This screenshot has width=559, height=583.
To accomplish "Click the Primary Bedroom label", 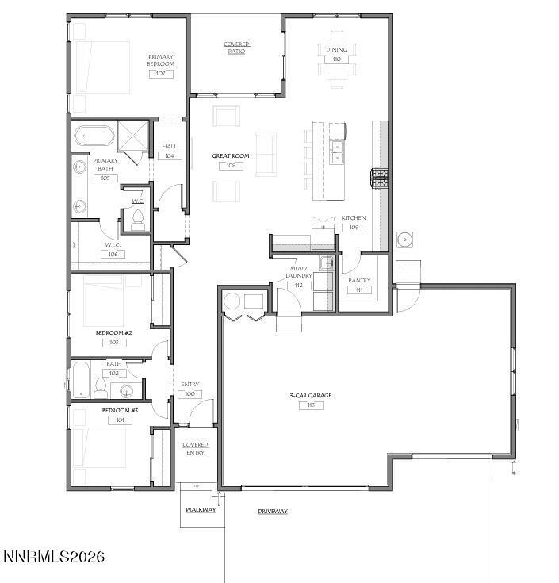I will coord(160,60).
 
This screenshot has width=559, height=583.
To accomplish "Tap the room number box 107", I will coord(160,74).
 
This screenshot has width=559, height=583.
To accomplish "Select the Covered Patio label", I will coord(236,48).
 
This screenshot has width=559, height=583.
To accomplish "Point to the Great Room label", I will coord(231,155).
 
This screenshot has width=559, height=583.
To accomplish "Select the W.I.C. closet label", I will coord(112,245).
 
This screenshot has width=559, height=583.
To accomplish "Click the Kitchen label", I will coord(354,217).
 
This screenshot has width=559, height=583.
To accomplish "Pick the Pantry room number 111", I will coord(359,290).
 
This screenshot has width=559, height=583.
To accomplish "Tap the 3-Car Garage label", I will coord(309,395).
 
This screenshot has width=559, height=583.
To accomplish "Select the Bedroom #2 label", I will coord(113,332).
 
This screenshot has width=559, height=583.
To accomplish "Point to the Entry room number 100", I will coord(190,394).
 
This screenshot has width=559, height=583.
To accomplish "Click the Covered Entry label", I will coord(195,449).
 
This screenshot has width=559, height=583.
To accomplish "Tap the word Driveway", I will coord(272,512).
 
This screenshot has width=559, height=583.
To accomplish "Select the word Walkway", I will coord(201,510).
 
